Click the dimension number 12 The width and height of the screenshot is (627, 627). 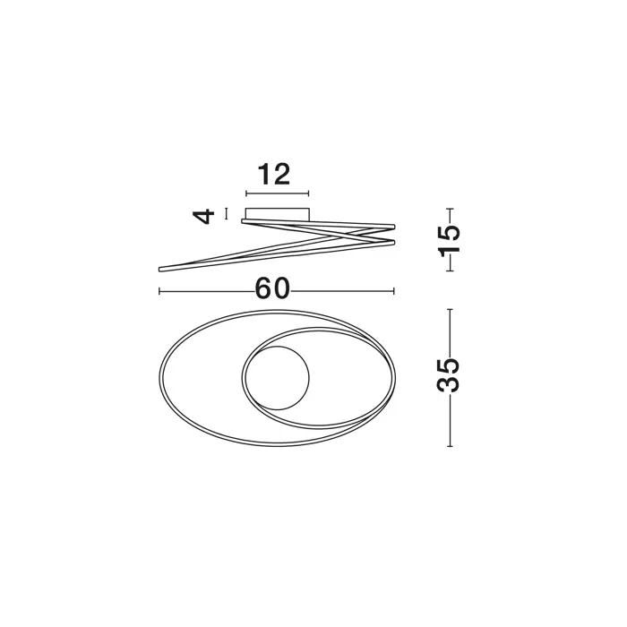(274, 175)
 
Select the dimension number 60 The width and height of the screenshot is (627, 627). (272, 288)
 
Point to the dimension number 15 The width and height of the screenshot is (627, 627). (449, 240)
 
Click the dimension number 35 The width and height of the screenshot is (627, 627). (449, 374)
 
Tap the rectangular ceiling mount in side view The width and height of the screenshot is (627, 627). (278, 213)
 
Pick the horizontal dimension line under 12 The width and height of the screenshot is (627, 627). (277, 193)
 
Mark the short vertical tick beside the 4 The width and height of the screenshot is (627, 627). (227, 213)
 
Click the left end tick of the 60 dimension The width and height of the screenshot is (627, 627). (159, 291)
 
